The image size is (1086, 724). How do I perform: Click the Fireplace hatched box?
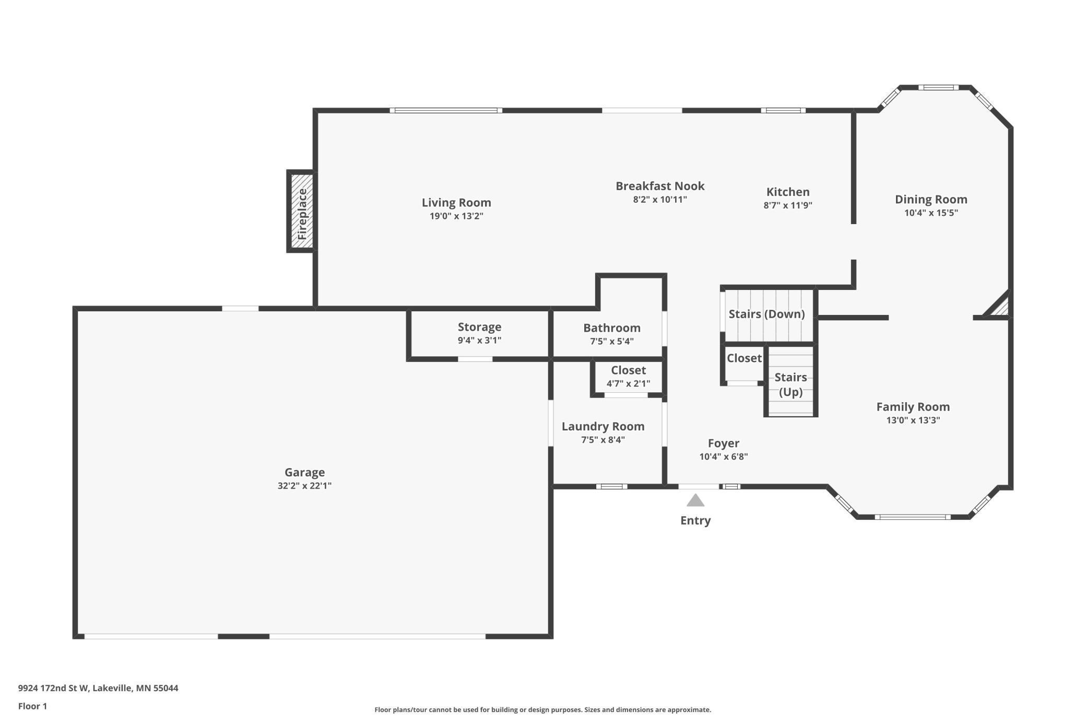(x=302, y=211)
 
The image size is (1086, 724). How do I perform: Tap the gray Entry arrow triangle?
(x=695, y=500)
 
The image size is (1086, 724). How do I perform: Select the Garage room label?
(x=304, y=472)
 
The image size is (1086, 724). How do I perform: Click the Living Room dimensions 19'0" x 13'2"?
(x=456, y=216)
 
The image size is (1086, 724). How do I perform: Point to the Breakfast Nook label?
(x=660, y=186)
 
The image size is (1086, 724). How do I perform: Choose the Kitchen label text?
(x=788, y=192)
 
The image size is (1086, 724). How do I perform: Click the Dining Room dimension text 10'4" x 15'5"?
(x=931, y=213)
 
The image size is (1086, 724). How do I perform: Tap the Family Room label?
(x=913, y=406)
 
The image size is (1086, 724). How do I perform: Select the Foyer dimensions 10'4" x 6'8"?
(x=723, y=457)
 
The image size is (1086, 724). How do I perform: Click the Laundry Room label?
(x=603, y=426)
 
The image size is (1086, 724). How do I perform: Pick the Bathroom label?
(x=611, y=328)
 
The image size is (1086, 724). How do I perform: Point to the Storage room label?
(x=479, y=327)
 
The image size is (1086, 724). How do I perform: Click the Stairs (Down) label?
(x=766, y=314)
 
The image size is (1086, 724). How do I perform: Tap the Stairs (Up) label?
(x=790, y=384)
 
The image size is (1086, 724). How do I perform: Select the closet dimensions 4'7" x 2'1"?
(x=628, y=383)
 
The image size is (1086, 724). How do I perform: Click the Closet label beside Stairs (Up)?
(x=744, y=358)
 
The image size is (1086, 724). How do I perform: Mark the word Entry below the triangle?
(x=695, y=520)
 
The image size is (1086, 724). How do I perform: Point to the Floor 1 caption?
(x=32, y=706)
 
